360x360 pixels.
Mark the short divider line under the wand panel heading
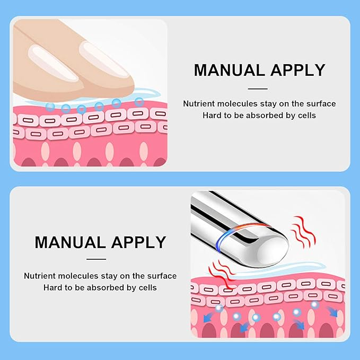[x=96, y=259]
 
